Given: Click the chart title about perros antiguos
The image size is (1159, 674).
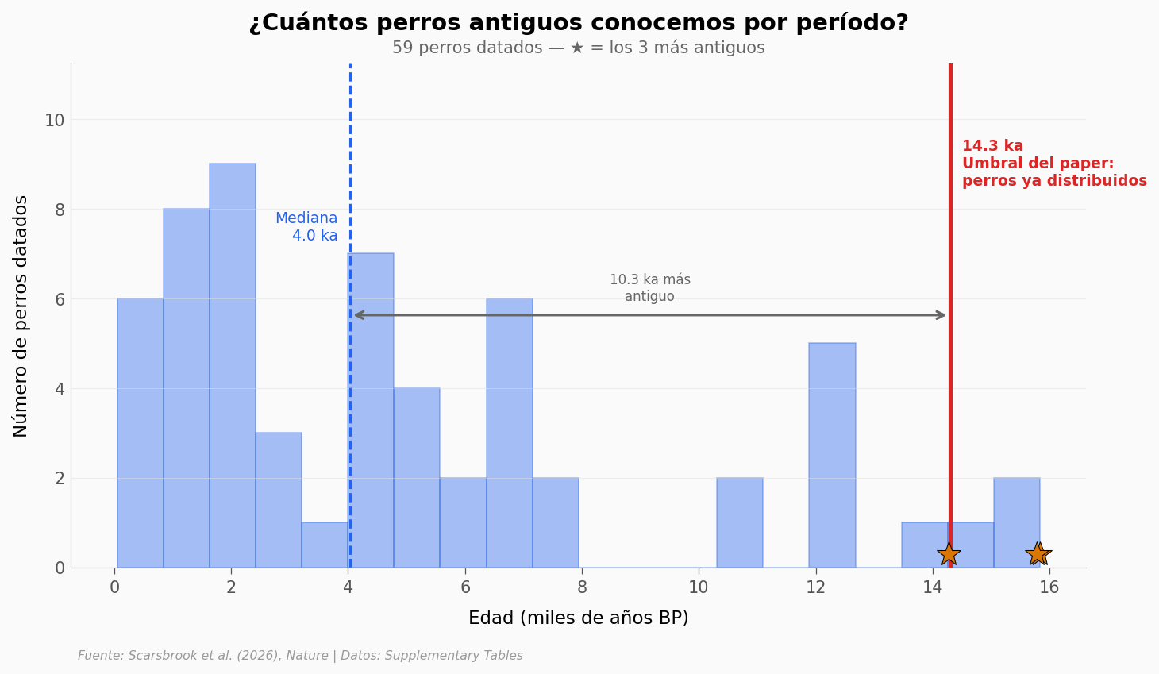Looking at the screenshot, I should click(579, 23).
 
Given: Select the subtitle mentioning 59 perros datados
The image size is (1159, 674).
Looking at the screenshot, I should click(579, 48).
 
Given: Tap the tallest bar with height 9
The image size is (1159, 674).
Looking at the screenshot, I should click(233, 365).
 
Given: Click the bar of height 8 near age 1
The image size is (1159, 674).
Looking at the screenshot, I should click(187, 389).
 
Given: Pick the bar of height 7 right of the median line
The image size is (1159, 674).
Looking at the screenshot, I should click(371, 410).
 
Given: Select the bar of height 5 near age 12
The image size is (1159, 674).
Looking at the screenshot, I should click(832, 455).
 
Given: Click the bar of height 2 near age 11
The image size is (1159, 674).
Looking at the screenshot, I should click(740, 522).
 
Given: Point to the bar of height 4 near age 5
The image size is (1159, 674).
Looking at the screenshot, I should click(417, 478).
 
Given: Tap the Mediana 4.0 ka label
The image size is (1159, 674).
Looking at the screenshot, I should click(306, 227).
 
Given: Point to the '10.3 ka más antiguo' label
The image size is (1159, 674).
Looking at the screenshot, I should click(650, 288).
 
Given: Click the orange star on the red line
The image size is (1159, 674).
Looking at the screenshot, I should click(948, 553).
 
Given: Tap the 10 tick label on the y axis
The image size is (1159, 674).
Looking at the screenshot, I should click(55, 121).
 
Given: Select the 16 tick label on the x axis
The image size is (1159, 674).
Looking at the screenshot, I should click(1049, 587).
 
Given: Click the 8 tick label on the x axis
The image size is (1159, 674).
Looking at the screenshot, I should click(582, 587).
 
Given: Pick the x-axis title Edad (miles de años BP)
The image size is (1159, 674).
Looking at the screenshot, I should click(579, 618).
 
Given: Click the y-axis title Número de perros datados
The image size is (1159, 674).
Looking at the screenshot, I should click(21, 316).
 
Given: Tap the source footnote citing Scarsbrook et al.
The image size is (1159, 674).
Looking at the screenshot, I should click(300, 656).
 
